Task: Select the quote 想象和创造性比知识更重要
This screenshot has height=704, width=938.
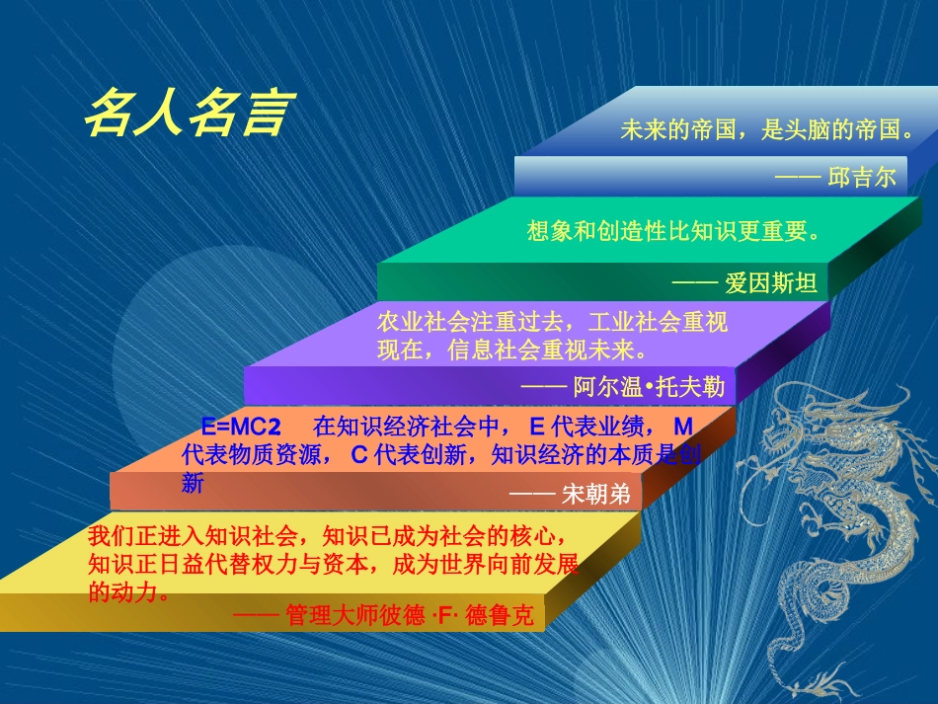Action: [674, 231]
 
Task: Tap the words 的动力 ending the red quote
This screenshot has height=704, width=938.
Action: [123, 593]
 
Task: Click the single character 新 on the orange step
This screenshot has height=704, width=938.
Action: [194, 484]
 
